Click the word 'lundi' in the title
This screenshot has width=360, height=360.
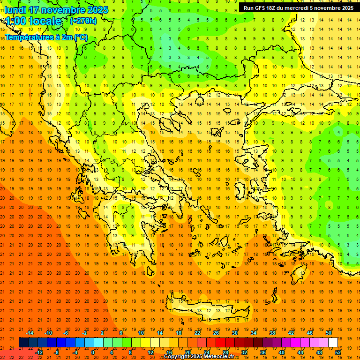(15, 10)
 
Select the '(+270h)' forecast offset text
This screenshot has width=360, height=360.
(83, 21)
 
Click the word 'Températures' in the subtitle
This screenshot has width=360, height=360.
(26, 37)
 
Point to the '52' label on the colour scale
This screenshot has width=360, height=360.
(338, 352)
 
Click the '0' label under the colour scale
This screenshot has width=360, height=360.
(92, 352)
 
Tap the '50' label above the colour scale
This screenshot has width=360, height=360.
(329, 333)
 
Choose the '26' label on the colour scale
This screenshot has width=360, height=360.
(216, 333)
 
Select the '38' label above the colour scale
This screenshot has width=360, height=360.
(272, 333)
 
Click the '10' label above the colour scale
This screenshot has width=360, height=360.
(141, 333)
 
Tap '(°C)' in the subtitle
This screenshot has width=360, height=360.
(81, 37)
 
